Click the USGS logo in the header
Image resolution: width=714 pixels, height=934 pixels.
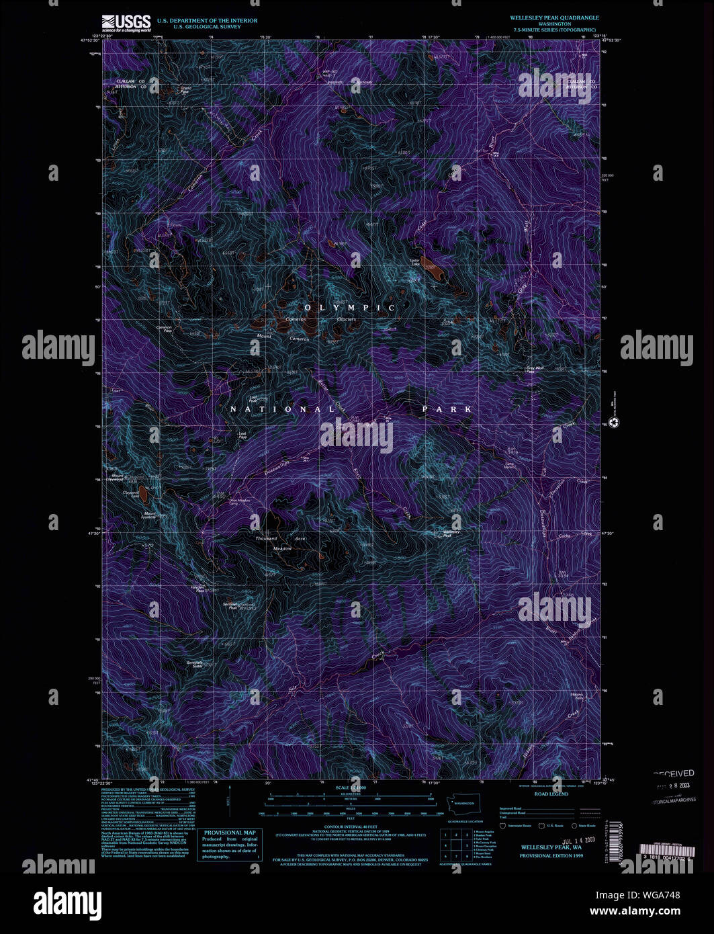[x=126, y=23]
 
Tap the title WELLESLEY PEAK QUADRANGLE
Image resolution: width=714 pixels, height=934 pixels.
[x=554, y=17]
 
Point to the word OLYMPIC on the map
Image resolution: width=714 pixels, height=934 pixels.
[x=350, y=308]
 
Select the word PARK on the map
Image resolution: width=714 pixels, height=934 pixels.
[x=447, y=409]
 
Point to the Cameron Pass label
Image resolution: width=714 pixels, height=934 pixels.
[x=164, y=329]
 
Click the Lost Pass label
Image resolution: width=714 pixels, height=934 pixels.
[x=243, y=435]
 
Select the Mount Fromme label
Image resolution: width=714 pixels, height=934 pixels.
[x=149, y=515]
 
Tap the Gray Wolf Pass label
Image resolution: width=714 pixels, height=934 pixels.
[x=535, y=370]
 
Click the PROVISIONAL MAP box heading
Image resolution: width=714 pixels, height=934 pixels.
[x=230, y=833]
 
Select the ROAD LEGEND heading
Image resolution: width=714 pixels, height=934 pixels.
[x=551, y=794]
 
